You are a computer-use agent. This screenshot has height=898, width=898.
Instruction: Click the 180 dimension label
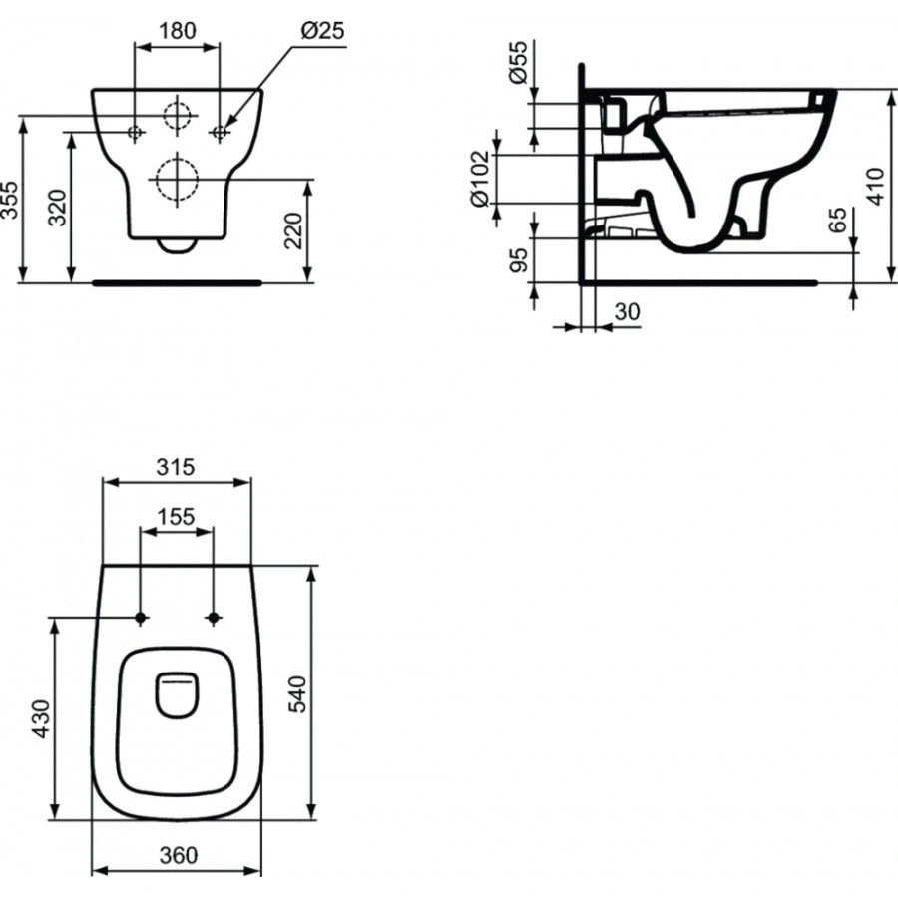[x=178, y=30]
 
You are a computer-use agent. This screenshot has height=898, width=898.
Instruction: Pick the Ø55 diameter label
[x=516, y=64]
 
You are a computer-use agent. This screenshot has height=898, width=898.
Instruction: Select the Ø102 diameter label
[x=480, y=178]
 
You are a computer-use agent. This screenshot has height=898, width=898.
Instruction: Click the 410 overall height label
[x=875, y=187]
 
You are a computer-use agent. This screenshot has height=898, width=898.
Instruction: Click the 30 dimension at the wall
[x=627, y=312]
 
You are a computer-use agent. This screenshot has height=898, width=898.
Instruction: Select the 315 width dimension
[x=176, y=466]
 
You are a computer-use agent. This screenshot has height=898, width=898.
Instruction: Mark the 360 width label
[x=177, y=855]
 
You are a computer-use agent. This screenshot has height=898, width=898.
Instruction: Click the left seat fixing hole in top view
[x=141, y=619]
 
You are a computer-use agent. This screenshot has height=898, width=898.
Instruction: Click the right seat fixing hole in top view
[x=213, y=619]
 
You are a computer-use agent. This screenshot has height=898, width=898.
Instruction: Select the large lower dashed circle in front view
[x=177, y=179]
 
